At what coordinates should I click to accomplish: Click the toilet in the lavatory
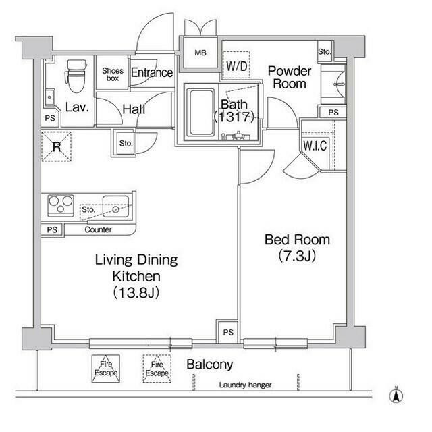[75, 76]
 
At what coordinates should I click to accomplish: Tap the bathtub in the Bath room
[201, 113]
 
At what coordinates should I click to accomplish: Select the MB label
[200, 53]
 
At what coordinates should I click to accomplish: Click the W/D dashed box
[236, 65]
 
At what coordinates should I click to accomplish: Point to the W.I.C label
[315, 146]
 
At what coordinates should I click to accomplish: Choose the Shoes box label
[113, 74]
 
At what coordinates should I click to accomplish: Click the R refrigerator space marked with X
[57, 146]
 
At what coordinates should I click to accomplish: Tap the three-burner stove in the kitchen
[61, 205]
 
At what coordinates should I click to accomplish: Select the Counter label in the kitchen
[98, 230]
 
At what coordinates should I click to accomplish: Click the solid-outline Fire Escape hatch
[106, 369]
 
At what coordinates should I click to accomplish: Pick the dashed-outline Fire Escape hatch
[157, 369]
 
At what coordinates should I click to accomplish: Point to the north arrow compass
[396, 396]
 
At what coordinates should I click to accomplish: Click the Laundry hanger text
[245, 385]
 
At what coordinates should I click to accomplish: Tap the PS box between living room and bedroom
[228, 331]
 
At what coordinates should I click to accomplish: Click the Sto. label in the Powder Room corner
[325, 52]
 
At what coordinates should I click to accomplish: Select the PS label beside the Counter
[52, 230]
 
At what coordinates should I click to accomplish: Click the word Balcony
[210, 364]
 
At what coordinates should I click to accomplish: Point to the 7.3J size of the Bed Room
[297, 256]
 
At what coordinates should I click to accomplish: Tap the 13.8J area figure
[136, 292]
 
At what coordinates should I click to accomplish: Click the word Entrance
[152, 72]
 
